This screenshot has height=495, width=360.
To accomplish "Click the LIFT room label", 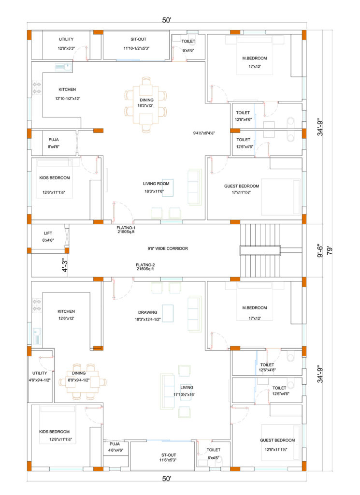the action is pos(48,233).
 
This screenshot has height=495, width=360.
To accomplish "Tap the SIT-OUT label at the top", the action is pos(139,39).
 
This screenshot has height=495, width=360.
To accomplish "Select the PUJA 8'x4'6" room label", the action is pos(54,143).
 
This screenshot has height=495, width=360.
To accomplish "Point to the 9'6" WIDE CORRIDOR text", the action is pos(168,248).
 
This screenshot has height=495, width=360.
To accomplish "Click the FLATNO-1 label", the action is pos(126,228).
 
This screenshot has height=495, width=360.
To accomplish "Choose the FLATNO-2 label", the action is pos(145,265).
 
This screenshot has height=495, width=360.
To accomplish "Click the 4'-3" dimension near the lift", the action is pos(65,265).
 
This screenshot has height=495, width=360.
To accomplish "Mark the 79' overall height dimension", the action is pos(330,251).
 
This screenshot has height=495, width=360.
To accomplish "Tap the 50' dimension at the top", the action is pos(167,20).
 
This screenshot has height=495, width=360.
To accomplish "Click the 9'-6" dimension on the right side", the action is pos(320,250).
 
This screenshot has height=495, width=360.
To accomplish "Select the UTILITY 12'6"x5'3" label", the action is pos(66,44).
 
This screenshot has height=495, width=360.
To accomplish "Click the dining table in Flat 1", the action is pos(146,104).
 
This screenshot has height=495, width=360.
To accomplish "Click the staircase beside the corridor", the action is pos(260,250).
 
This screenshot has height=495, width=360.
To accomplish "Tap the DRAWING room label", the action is pos(148,312).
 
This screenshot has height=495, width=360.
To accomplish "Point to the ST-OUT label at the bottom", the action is pos(169,455).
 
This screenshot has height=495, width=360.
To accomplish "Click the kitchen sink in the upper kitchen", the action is pos(63,67).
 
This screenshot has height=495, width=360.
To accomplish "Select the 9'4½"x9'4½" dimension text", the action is pos(204,133).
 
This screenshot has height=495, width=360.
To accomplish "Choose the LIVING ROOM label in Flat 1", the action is pos(156,183).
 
